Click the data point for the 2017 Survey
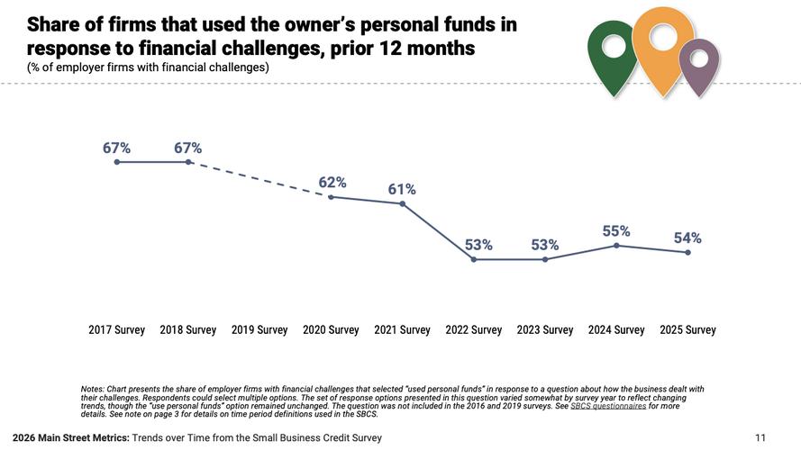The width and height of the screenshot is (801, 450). point(116,162)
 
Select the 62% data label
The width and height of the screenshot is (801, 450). point(332,182)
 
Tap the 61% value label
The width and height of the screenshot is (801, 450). point(402,189)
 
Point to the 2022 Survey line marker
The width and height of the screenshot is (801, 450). point(474,259)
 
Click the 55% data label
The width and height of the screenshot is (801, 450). point(616,231)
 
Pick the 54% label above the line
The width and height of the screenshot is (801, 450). point(687,238)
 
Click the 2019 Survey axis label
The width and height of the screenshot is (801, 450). point(259,330)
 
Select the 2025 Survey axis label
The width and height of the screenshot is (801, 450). point(687,330)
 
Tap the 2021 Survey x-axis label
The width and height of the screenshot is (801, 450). point(402,330)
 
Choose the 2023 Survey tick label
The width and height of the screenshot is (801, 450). point(545,330)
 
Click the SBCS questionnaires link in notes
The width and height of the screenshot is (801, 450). point(608,406)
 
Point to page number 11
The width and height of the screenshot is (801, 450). point(760,438)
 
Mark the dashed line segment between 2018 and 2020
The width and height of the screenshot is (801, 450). point(259,179)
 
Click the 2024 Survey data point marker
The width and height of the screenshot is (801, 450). point(616,245)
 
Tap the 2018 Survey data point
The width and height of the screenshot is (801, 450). point(188,162)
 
